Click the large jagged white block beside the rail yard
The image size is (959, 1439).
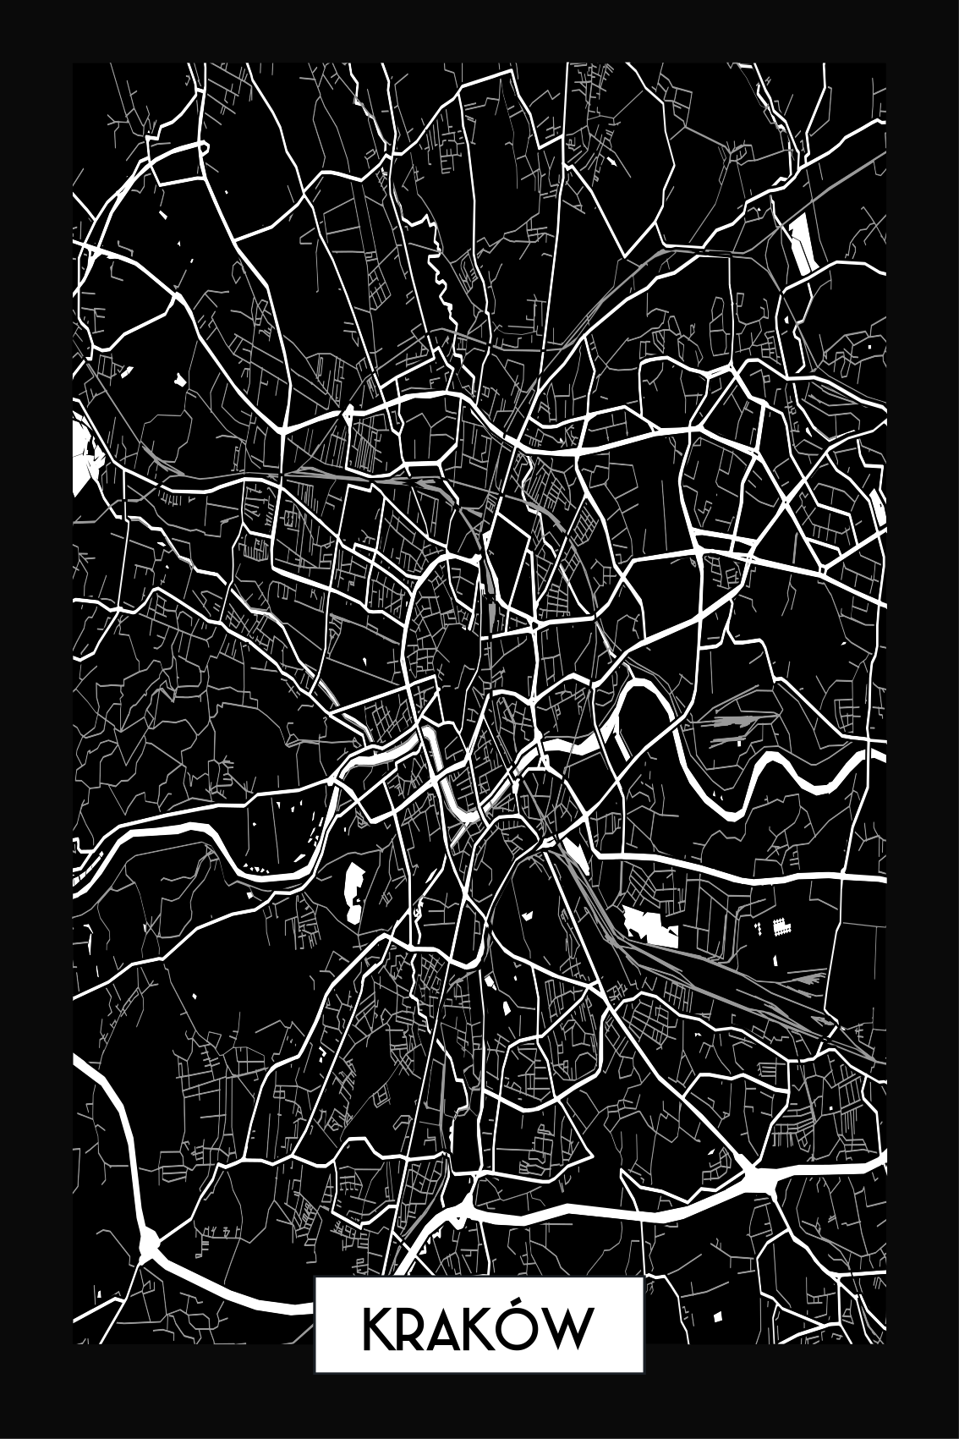651,925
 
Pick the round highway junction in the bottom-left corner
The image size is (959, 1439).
149,1243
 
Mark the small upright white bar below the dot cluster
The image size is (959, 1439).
775,958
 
